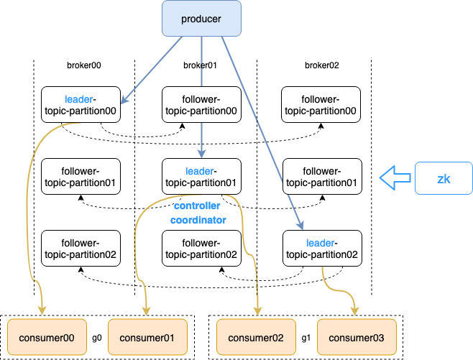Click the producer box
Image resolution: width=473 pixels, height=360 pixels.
coord(201,18)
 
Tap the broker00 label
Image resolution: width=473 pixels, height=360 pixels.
coord(83,65)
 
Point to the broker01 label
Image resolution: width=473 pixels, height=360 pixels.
coord(201,65)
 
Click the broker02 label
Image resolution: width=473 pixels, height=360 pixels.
coord(322,65)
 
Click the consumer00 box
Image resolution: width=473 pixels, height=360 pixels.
coord(45,338)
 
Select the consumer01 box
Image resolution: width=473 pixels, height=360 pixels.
coord(147,338)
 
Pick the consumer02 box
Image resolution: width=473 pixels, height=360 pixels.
coord(254,338)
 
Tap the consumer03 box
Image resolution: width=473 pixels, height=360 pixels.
coord(357,338)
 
